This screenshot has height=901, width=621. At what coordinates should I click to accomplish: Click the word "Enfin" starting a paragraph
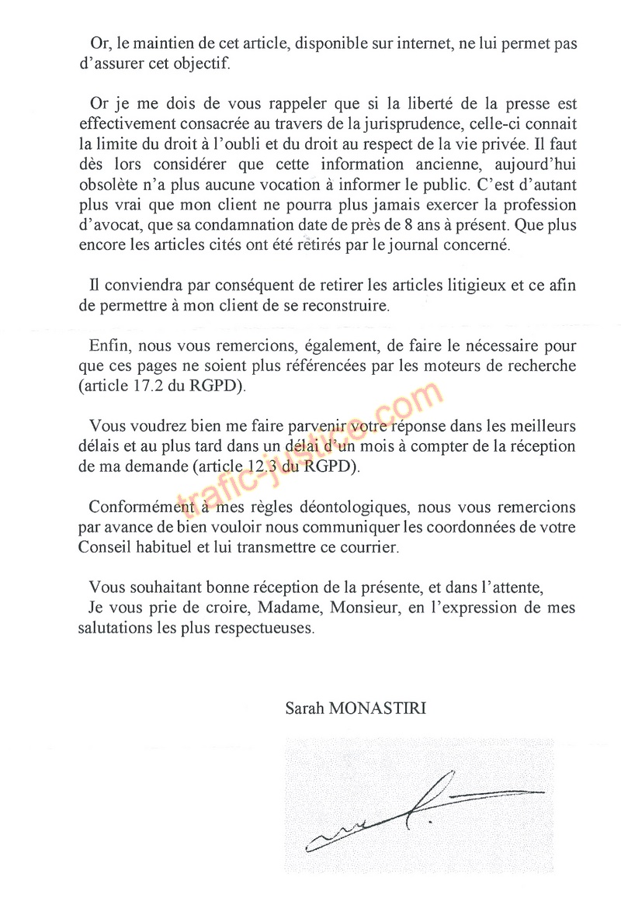109,345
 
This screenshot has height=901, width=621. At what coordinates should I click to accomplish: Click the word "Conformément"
139,508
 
